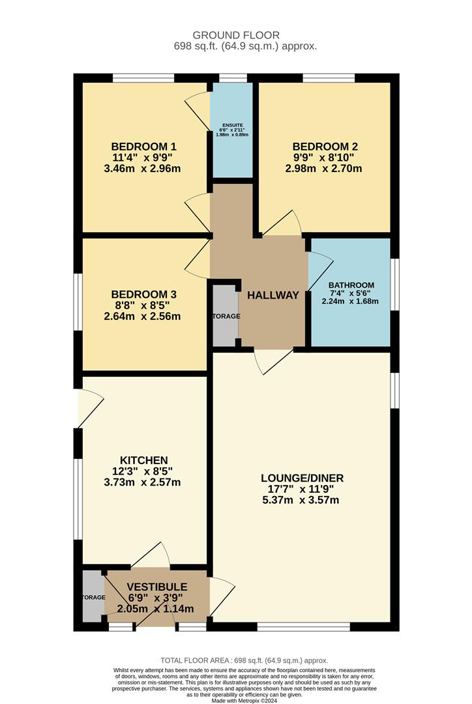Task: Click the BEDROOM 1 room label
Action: click(143, 146)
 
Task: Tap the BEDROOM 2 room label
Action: click(325, 146)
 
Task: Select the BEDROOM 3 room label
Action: click(143, 295)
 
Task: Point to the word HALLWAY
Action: click(273, 295)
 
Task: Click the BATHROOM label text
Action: click(351, 286)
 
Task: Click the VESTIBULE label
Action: click(156, 587)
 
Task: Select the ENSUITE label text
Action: click(232, 125)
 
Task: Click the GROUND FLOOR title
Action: click(235, 35)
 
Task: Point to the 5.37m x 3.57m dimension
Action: click(301, 501)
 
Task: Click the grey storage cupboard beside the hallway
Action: click(226, 316)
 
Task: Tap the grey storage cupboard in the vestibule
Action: click(93, 596)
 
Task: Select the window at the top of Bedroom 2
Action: click(329, 78)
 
